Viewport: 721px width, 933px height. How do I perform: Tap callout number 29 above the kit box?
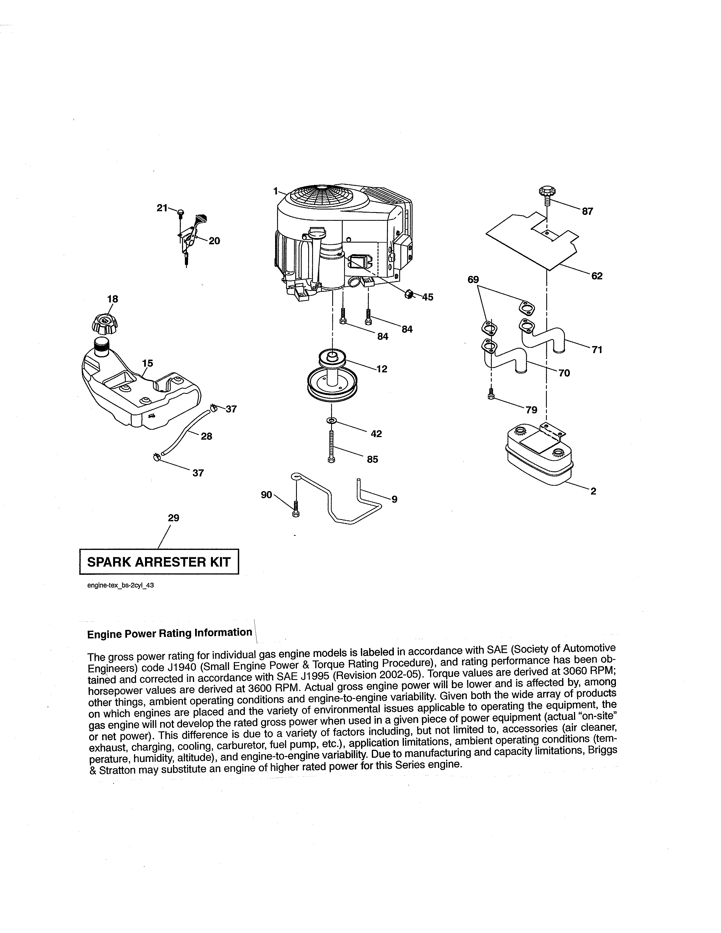tap(173, 518)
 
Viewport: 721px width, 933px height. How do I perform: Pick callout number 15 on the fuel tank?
tap(147, 363)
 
